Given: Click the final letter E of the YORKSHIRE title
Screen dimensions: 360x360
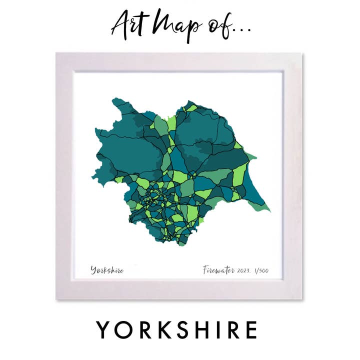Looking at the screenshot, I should click(x=250, y=330).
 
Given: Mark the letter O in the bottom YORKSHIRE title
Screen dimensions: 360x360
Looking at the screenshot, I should click(x=124, y=330).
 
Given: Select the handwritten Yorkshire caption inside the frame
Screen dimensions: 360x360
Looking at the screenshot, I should click(x=107, y=270).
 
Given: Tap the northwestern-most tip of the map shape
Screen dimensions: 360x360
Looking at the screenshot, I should click(x=113, y=100).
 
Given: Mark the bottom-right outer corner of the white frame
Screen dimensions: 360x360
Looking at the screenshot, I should click(x=303, y=299).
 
